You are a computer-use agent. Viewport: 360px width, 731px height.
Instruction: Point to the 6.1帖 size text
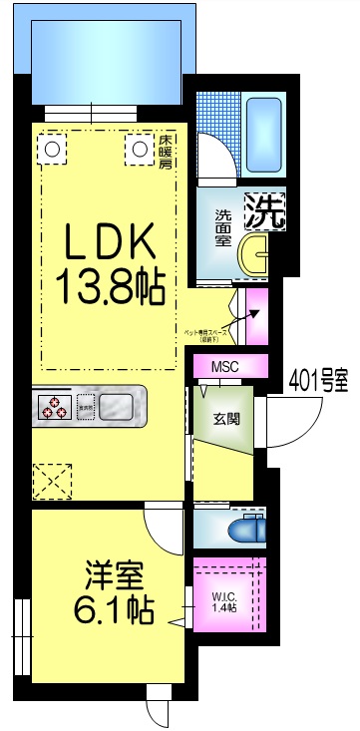112,609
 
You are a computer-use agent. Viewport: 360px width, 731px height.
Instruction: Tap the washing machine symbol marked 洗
264,209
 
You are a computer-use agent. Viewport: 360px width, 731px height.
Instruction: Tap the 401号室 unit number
318,379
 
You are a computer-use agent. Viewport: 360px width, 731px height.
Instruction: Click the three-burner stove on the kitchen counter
53,407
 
